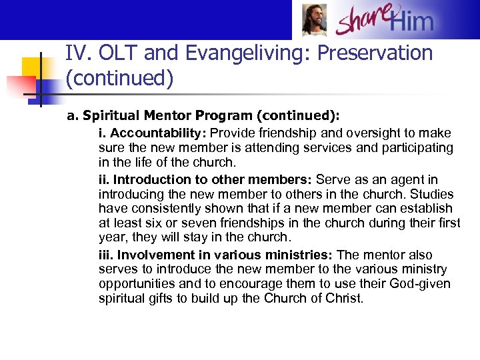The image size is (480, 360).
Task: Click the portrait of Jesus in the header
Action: pos(314,20)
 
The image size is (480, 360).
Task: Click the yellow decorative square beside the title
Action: pos(33,70)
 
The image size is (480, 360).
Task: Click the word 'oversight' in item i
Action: pos(345,133)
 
